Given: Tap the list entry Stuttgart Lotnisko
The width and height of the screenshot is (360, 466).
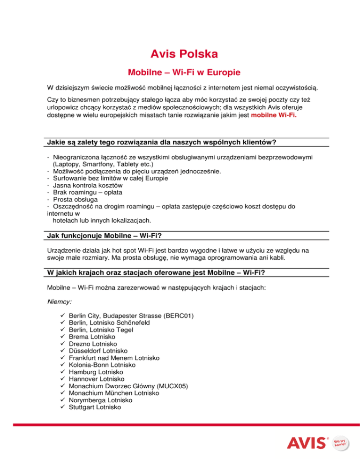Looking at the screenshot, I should pos(94,408).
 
